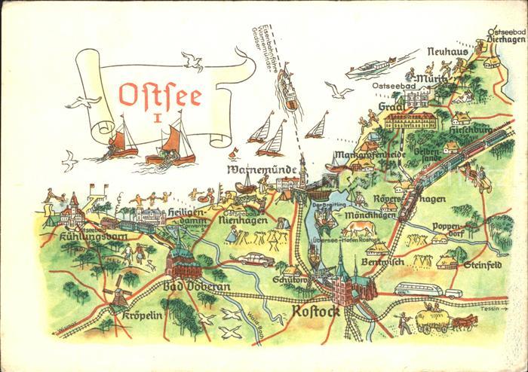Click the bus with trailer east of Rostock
tap(425, 290)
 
